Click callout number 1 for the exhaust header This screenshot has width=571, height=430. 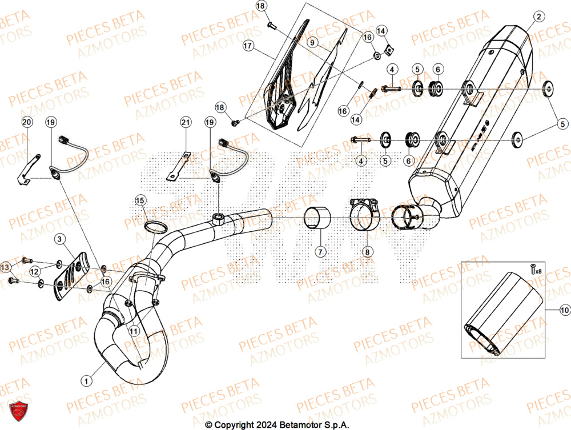pos(86,379)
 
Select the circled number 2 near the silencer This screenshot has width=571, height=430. pos(537,17)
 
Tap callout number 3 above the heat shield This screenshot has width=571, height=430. pos(60,238)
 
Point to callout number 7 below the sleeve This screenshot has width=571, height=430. pos(320,251)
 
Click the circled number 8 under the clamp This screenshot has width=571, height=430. pos(367,251)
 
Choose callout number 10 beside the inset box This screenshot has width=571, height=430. pos(565,309)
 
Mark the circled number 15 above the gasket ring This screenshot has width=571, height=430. pos(140,200)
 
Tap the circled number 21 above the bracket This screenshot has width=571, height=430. pos(184,122)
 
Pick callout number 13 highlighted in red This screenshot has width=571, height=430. pos(5,267)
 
